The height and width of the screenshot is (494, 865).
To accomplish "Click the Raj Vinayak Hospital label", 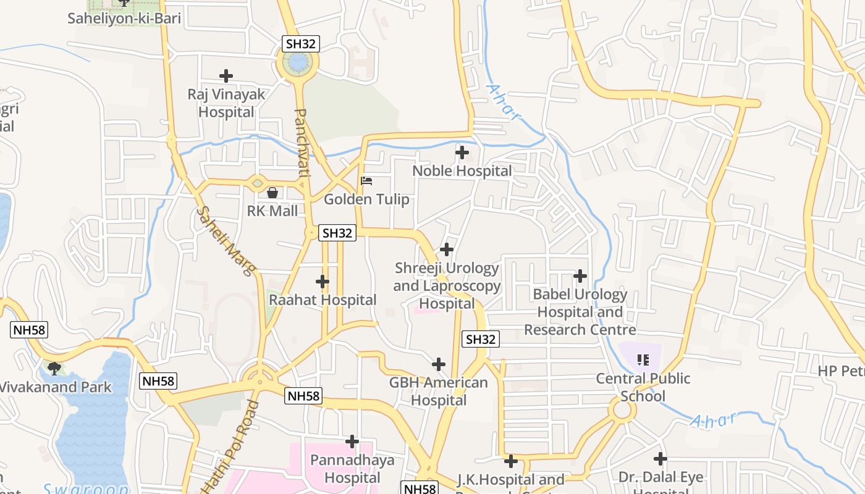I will click(x=226, y=103).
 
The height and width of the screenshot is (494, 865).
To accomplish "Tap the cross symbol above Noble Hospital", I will click(x=462, y=152).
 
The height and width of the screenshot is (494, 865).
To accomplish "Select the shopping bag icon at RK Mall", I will click(x=272, y=193).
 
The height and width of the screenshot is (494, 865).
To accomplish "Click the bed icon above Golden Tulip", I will click(x=366, y=181).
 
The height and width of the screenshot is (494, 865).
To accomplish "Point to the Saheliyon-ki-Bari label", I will click(x=124, y=18).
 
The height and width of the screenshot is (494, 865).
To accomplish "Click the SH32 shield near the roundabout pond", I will click(x=301, y=43).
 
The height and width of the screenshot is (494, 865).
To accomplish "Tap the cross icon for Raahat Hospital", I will click(x=322, y=282).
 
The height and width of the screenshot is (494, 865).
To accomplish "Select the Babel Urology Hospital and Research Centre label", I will click(x=580, y=312).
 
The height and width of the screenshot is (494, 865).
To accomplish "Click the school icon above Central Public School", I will click(x=643, y=359).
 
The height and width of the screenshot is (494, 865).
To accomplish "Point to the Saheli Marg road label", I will click(x=227, y=240).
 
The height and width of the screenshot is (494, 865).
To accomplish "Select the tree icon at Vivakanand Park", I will click(x=54, y=369).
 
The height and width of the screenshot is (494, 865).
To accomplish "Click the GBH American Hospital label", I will click(x=438, y=391).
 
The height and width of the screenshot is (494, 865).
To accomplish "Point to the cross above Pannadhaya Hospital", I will click(x=352, y=442).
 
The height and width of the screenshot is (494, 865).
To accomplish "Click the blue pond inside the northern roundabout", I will click(x=298, y=62).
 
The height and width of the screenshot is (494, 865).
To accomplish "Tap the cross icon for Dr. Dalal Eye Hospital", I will click(x=660, y=459).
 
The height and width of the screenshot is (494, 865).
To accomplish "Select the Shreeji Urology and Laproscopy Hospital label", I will click(x=447, y=286).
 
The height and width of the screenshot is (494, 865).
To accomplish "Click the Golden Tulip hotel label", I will click(x=366, y=199).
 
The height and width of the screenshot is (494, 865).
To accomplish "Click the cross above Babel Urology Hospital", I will click(x=580, y=275).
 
